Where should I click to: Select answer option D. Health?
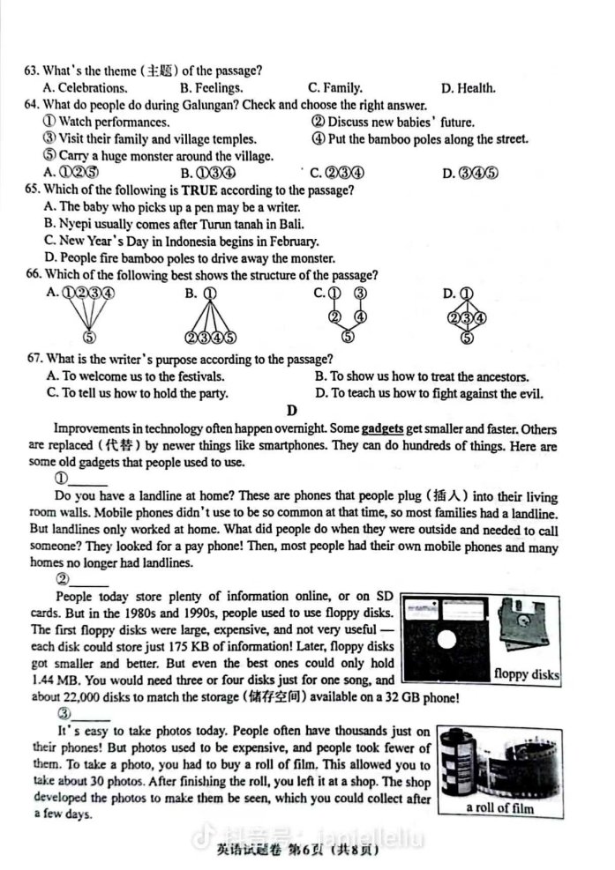coord(469,87)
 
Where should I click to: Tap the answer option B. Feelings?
coord(211,87)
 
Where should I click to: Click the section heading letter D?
coord(291,410)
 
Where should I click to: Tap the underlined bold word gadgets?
coord(382,429)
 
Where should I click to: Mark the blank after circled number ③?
coord(90,714)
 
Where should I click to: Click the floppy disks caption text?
coord(526,675)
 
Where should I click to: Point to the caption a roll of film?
coord(499,807)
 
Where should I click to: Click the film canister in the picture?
coord(464,762)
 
